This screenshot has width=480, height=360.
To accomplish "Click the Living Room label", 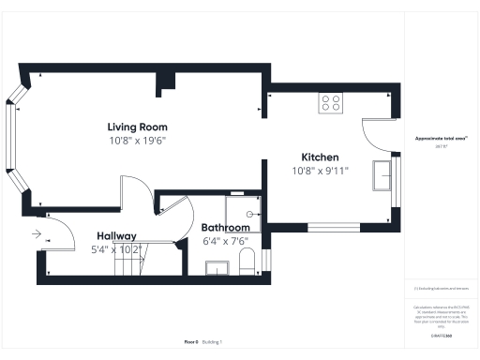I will click(x=137, y=127).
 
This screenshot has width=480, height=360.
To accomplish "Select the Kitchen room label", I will click(x=320, y=157).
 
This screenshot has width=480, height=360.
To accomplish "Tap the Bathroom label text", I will click(x=226, y=228).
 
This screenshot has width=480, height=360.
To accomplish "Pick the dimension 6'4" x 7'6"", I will click(x=226, y=241).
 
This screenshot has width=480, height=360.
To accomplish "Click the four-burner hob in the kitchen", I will click(x=331, y=102).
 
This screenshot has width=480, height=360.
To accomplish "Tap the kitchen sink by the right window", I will click(x=382, y=175).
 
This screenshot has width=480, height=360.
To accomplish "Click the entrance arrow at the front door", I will click(x=37, y=234).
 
